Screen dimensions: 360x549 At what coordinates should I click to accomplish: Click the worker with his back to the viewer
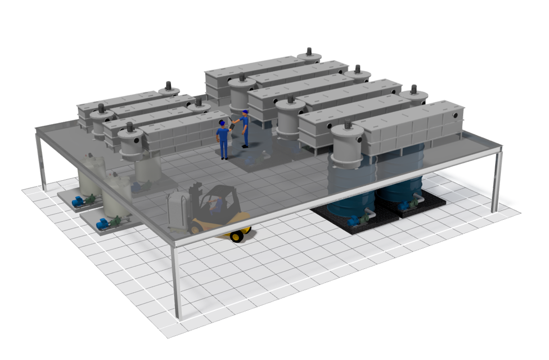(x=223, y=139)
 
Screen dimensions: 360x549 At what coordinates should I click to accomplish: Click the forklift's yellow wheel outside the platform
(x=236, y=236)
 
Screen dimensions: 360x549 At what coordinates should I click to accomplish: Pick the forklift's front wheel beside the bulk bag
(x=195, y=228)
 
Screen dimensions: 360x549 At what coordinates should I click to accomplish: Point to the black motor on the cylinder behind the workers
(x=242, y=77)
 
